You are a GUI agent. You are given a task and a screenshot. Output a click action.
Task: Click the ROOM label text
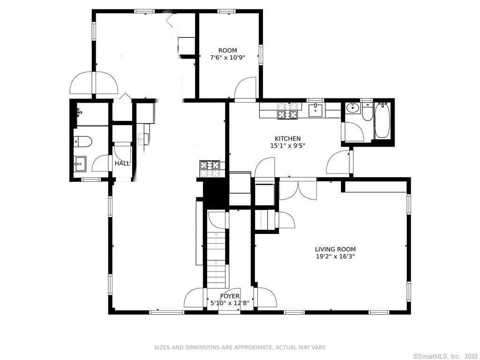pos(227,50)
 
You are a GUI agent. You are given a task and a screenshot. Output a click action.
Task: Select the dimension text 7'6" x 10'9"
pos(227,58)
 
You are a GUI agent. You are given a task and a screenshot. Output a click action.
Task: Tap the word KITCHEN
pos(287,138)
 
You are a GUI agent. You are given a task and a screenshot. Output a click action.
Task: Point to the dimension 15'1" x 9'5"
pos(287,145)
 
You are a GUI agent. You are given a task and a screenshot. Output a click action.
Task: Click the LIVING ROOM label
pos(335,249)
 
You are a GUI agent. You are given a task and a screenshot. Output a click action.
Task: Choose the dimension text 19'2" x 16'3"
pos(335,256)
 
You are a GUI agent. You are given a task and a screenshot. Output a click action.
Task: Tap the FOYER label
pos(230,296)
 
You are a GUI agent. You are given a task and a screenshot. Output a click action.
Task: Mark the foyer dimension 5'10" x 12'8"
pos(230,303)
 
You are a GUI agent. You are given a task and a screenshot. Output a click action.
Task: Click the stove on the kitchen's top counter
pos(287,111)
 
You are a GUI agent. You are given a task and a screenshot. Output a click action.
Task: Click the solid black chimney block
pos(215,193)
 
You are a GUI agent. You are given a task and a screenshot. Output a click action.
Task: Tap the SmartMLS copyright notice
pos(445,357)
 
